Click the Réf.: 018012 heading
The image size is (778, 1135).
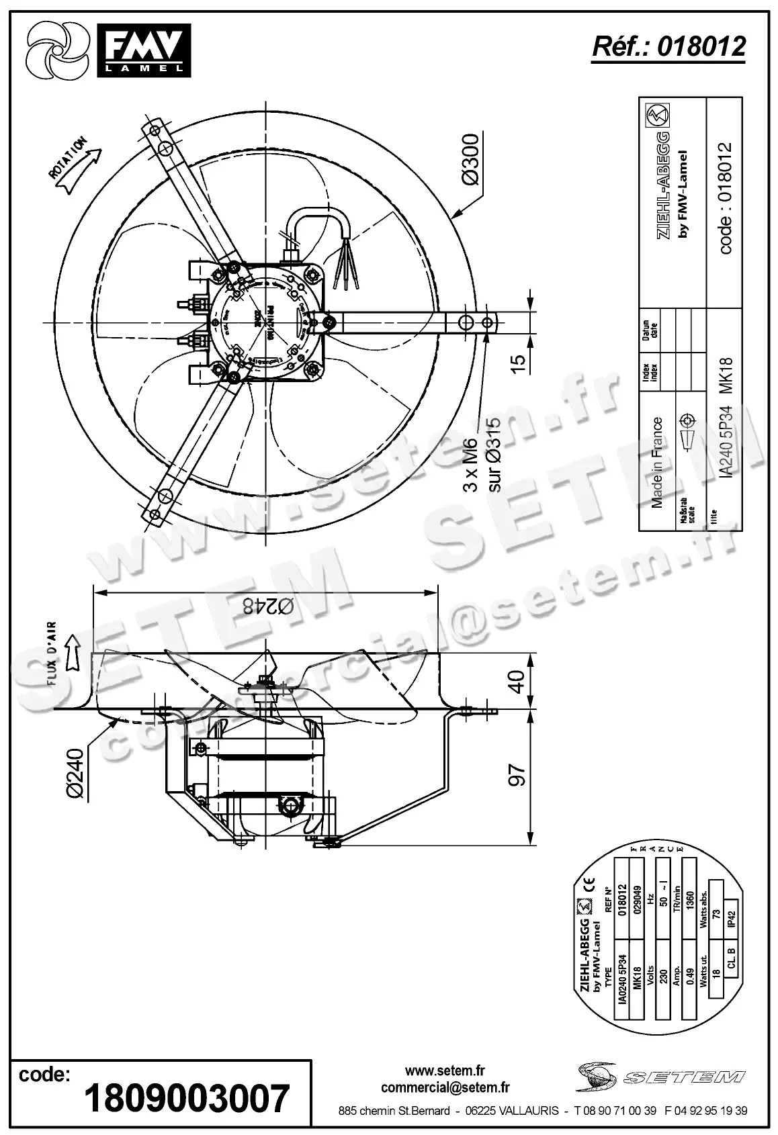point(668,46)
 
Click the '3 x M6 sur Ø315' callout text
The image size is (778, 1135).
point(482,456)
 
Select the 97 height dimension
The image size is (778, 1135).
point(517,775)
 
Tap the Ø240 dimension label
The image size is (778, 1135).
point(76,773)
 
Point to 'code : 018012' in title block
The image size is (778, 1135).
point(725,198)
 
